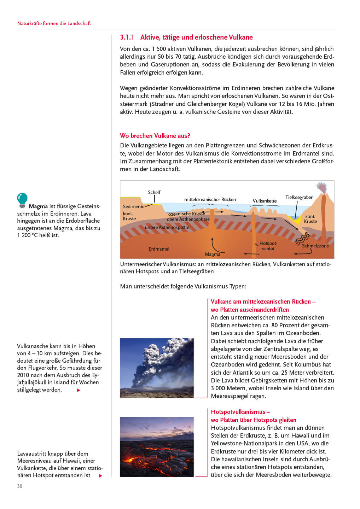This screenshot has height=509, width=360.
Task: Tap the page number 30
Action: click(20, 486)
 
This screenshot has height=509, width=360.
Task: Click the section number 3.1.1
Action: click(127, 37)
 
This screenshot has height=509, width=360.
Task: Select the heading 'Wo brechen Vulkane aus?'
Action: click(155, 136)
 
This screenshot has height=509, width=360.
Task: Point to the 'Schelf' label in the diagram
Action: click(154, 192)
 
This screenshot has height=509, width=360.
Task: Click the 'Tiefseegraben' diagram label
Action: click(299, 197)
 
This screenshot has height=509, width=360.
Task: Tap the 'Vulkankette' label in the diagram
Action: click(265, 201)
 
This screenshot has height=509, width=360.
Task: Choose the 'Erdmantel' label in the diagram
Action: click(159, 249)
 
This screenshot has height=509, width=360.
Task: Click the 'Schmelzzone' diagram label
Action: click(315, 246)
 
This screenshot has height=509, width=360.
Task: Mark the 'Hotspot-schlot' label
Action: click(268, 246)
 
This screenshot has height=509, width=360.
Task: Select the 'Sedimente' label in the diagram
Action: click(133, 206)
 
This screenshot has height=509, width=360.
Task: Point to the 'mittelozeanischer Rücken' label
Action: click(210, 199)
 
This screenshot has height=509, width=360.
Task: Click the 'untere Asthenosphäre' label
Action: click(167, 227)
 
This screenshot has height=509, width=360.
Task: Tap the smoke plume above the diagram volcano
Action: click(321, 188)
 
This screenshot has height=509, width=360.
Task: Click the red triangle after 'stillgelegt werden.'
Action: click(79, 390)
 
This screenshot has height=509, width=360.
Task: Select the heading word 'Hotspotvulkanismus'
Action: click(238, 412)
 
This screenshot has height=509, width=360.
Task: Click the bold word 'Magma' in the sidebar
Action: click(38, 206)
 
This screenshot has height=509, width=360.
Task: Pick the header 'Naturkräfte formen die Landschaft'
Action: click(54, 23)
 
